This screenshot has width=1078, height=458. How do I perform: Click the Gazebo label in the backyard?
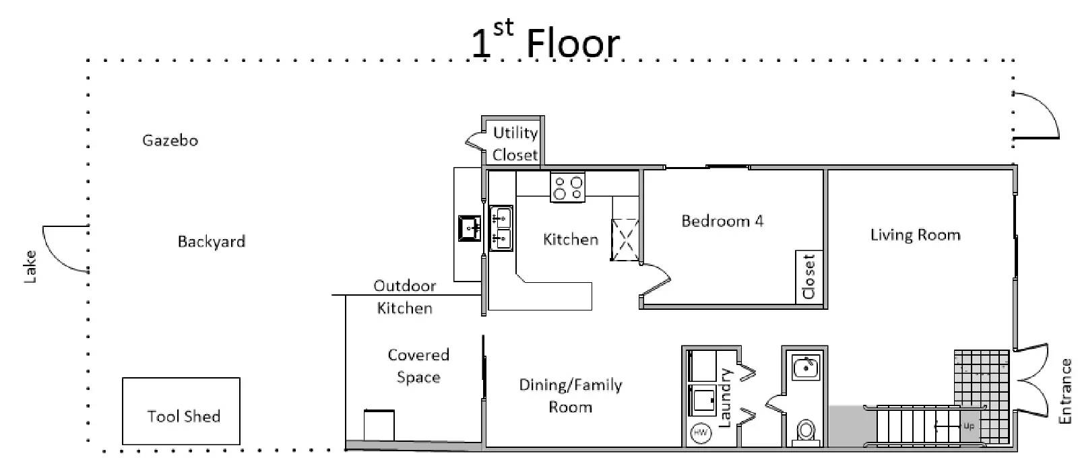[170, 141]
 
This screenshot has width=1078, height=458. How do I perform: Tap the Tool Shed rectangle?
[181, 411]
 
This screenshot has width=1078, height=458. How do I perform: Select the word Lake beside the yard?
[30, 267]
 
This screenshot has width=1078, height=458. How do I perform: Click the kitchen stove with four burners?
[567, 188]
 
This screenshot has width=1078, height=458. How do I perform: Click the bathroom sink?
[804, 368]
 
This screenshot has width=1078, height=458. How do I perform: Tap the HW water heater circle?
[700, 432]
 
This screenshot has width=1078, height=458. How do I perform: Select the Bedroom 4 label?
[722, 222]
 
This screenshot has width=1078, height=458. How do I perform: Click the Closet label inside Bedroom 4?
[808, 277]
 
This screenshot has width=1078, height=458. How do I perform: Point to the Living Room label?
[915, 235]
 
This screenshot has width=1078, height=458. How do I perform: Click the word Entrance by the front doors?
[1065, 391]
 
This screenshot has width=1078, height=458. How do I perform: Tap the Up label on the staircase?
[969, 426]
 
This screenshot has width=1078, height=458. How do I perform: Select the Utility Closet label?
[515, 143]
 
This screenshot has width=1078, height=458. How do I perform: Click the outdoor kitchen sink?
[469, 228]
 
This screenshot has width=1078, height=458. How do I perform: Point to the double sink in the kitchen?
[501, 228]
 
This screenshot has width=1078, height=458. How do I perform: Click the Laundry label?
[724, 398]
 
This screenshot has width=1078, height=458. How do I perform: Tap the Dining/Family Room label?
[570, 396]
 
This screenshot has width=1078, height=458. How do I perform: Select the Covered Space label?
[418, 366]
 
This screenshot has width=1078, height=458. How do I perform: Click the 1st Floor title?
[545, 40]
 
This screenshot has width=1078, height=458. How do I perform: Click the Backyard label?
[212, 241]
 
